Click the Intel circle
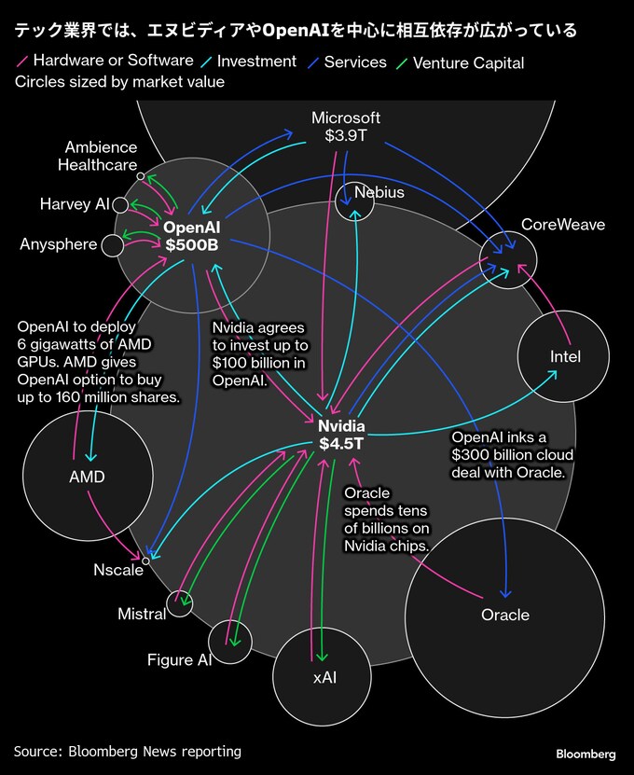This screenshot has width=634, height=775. click(564, 356)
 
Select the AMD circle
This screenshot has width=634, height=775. click(87, 477)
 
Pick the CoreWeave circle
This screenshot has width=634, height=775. click(508, 260)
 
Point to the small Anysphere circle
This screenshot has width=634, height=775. click(112, 245)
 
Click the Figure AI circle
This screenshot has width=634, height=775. click(230, 641)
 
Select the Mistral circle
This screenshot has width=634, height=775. click(179, 603)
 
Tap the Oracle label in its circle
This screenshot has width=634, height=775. click(504, 615)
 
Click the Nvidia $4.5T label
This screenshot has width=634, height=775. click(341, 436)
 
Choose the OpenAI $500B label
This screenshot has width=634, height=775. click(191, 236)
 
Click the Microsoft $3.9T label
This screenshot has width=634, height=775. click(346, 127)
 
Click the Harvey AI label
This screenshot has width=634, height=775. click(75, 204)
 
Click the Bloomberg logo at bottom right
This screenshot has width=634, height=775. click(586, 754)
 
